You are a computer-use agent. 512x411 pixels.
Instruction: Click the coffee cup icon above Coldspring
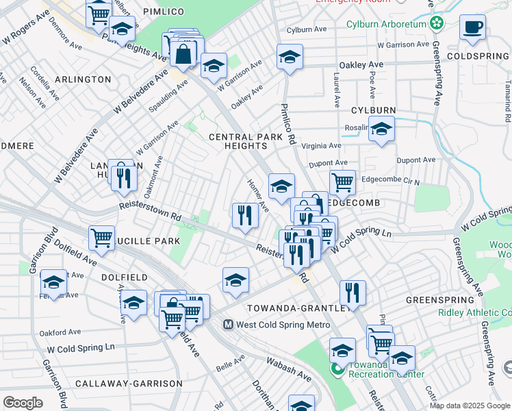[472, 28]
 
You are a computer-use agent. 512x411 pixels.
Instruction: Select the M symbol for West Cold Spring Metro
[229, 324]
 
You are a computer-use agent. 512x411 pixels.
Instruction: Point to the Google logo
[23, 403]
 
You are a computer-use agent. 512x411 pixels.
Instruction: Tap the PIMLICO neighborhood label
[164, 12]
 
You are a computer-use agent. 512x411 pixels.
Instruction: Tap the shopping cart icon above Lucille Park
[101, 238]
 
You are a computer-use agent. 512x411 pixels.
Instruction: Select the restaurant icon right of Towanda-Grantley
[353, 291]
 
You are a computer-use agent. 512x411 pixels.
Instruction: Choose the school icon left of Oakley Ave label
[290, 57]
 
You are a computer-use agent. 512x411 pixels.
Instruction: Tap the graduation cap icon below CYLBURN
[381, 128]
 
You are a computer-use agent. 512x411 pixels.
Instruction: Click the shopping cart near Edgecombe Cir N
[342, 182]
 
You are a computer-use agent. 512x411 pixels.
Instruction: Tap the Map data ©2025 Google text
[470, 406]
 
